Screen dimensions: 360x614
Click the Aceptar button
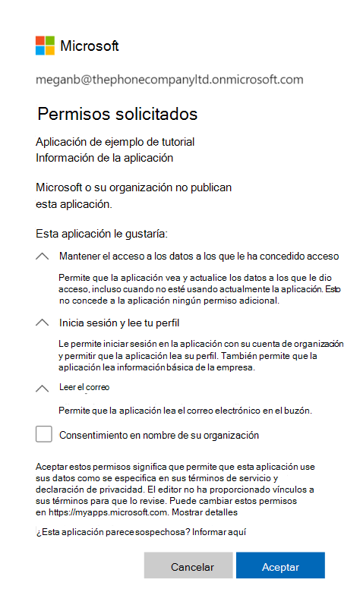coord(280,567)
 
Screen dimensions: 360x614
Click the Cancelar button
coord(188,567)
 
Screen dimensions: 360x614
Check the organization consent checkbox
coord(44,435)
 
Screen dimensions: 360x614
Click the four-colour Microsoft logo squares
coord(45,46)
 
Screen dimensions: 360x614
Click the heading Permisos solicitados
coord(118,114)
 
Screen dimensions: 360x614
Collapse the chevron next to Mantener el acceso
coord(43,257)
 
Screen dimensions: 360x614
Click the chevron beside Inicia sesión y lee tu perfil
coord(43,323)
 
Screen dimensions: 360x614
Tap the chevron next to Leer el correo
coord(43,388)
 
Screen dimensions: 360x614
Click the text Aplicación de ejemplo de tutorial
coord(115,142)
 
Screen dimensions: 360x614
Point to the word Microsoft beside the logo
coord(90,46)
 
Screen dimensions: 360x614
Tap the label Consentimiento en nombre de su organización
coord(159,436)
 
